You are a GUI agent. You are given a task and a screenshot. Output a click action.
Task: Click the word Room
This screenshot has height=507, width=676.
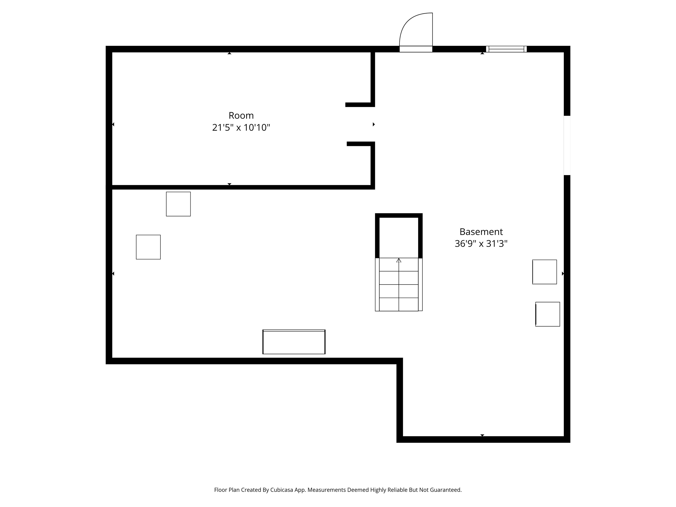click(x=241, y=116)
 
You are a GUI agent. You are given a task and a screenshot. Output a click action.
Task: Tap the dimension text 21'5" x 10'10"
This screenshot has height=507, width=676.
click(x=241, y=127)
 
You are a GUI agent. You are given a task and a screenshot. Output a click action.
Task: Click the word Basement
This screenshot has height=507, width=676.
click(x=481, y=232)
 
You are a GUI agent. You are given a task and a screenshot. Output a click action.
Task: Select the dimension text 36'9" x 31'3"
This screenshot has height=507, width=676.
click(x=481, y=244)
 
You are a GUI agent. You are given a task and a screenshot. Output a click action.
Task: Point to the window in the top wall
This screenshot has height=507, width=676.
click(x=506, y=49)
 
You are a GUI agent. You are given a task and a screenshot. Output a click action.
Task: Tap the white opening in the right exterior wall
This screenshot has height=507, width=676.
click(x=567, y=145)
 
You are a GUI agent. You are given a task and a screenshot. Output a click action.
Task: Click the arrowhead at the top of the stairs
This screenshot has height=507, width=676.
click(x=399, y=260)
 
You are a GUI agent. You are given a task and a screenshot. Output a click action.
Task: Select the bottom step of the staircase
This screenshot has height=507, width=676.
click(x=399, y=304)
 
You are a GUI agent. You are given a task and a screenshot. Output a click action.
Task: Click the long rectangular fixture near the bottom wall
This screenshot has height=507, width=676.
click(x=294, y=342)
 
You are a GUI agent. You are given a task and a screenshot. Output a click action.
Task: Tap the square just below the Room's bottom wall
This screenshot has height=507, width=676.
click(x=178, y=204)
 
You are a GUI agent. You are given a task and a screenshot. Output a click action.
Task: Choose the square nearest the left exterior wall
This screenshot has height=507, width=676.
click(x=148, y=247)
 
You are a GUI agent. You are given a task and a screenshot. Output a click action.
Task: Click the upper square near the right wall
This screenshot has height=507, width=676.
click(x=545, y=272)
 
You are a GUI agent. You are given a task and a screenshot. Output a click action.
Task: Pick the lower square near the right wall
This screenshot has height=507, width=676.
click(x=548, y=314)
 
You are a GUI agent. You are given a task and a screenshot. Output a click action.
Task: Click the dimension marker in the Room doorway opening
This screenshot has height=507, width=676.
click(x=373, y=124)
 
